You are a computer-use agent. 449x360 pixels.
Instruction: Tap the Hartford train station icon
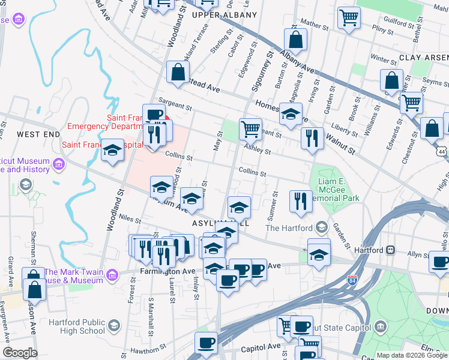[390, 250]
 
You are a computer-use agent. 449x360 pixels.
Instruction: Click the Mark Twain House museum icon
[112, 275]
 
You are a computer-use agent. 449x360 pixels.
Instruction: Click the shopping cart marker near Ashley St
[250, 128]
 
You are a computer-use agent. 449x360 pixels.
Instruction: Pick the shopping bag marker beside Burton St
[296, 40]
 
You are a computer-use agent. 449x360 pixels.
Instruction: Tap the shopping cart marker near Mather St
[348, 17]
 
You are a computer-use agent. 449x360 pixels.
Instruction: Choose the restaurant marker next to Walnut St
[312, 137]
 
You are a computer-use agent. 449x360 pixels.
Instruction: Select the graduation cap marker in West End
[112, 151]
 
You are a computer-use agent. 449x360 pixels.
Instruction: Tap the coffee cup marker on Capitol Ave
[206, 343]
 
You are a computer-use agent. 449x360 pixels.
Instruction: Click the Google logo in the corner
[20, 353]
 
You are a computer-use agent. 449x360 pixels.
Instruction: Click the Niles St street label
[130, 220]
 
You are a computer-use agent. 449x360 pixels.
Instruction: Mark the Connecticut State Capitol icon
[380, 326]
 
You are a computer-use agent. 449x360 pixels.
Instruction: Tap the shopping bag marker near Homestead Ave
[178, 72]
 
